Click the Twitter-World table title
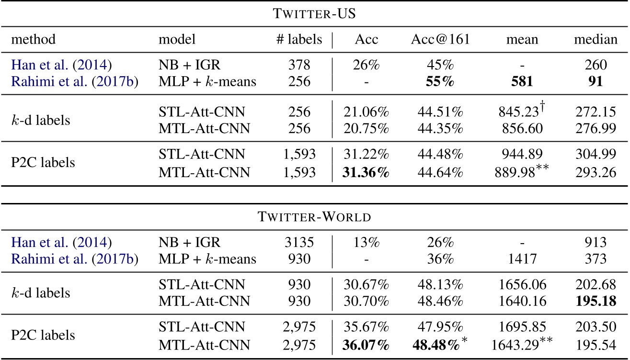point(314,216)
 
